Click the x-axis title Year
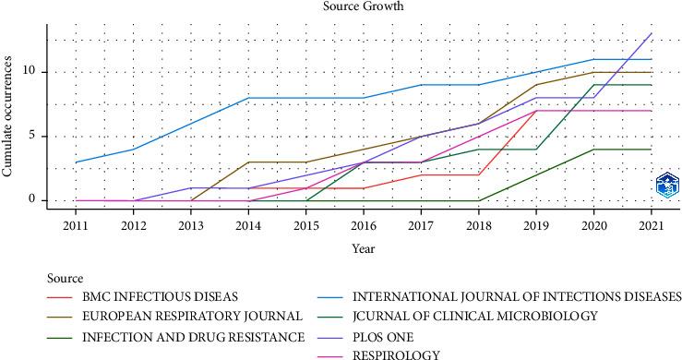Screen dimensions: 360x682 pyautogui.click(x=363, y=248)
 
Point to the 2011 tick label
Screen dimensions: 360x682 pyautogui.click(x=76, y=224)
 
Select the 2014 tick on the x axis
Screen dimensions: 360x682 pyautogui.click(x=248, y=224)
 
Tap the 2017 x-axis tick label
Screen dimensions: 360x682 pyautogui.click(x=421, y=224)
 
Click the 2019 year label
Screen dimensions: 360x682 pyautogui.click(x=536, y=224)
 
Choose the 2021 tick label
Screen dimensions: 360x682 pyautogui.click(x=652, y=224)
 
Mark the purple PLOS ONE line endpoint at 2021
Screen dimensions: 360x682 pyautogui.click(x=652, y=33)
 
